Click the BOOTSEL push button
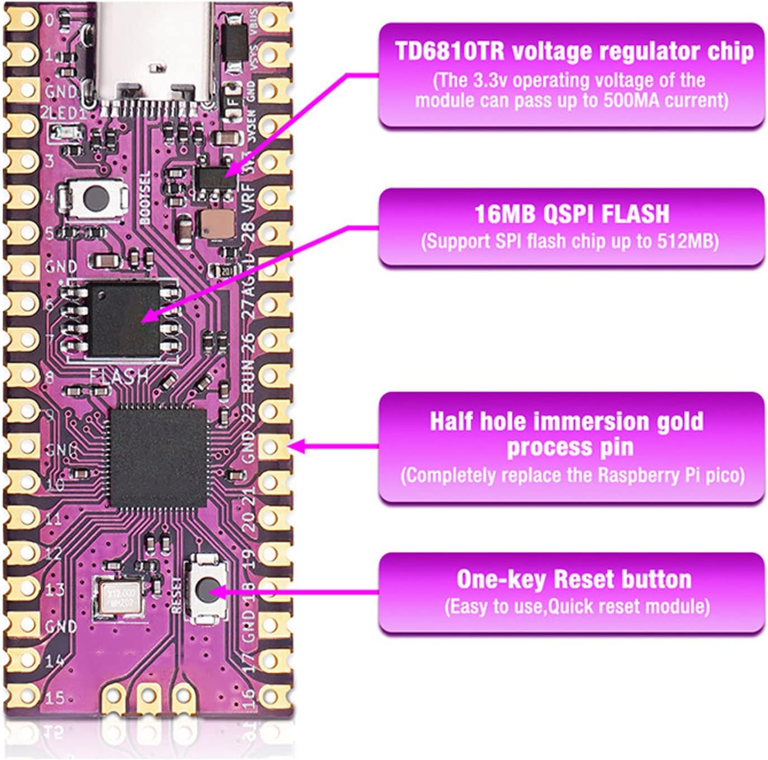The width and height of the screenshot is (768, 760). point(96,198)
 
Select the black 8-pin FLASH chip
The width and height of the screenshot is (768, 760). point(124,320)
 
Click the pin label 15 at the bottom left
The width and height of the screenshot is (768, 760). point(54,698)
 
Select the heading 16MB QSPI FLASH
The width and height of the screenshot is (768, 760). point(572,214)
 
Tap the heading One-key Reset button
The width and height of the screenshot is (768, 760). point(574,579)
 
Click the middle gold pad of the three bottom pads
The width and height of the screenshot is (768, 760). point(148,696)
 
